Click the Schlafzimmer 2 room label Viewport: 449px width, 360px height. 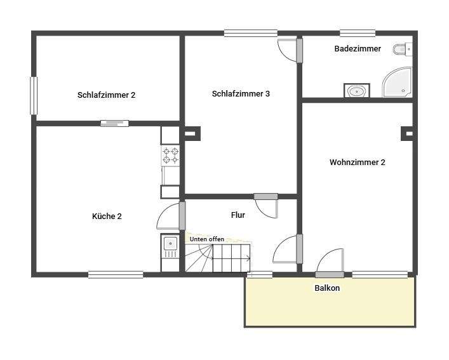point(106,95)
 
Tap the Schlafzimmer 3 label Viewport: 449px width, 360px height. point(241,93)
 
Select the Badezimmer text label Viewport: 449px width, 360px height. point(358,48)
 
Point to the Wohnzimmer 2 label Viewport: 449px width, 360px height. point(357,162)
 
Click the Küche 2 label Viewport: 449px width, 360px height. point(107,216)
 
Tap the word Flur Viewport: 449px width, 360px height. point(238,215)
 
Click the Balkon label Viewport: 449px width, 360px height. point(327,288)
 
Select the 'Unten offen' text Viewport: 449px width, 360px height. point(206,239)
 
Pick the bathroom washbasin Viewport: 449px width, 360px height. point(357,91)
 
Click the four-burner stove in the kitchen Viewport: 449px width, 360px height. point(170,156)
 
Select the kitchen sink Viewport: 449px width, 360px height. point(170,243)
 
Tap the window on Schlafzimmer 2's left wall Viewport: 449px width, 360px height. point(34,96)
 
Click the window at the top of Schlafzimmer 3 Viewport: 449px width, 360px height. point(250,33)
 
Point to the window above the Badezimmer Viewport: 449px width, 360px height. point(357,33)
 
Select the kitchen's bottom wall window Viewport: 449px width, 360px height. point(116,274)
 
